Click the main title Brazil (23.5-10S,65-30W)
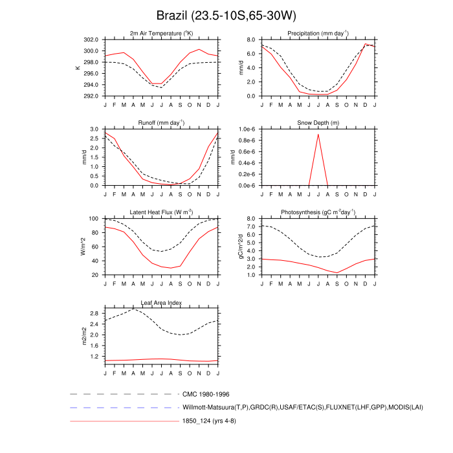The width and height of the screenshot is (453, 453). [226, 15]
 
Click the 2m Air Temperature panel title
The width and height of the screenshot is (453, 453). [161, 34]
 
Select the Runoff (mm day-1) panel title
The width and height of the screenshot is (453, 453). [161, 123]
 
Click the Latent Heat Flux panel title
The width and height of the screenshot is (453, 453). [161, 212]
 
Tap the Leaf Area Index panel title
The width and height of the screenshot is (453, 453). [161, 302]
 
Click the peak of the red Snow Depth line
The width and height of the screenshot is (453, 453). [318, 134]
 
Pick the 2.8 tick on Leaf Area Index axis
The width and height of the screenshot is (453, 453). [94, 314]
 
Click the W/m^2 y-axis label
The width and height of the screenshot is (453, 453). [82, 247]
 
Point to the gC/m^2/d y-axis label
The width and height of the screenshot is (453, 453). [241, 247]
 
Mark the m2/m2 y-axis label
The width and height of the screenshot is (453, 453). [83, 336]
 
